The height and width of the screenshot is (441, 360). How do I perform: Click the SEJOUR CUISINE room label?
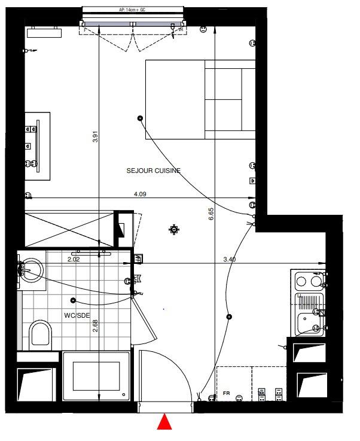(x=154, y=171)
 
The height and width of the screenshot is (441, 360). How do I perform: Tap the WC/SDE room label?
(x=77, y=315)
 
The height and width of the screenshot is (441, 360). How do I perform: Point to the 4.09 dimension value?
(x=140, y=194)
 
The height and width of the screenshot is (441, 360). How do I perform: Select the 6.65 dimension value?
(x=211, y=214)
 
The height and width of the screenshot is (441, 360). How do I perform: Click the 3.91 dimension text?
(x=96, y=136)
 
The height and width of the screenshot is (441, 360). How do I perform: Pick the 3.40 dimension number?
(x=229, y=259)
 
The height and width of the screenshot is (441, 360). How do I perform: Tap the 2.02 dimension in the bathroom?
(x=74, y=259)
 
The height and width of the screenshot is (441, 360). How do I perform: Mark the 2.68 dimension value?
(x=96, y=326)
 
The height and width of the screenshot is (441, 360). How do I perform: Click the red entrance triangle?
(x=164, y=422)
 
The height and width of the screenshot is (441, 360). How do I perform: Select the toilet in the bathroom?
(x=41, y=335)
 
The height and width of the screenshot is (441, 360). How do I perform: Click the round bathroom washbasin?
(x=32, y=270)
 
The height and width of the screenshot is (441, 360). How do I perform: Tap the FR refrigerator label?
(x=226, y=393)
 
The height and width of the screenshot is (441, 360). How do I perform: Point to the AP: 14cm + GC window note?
(x=132, y=10)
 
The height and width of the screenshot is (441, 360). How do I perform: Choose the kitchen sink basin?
(x=309, y=324)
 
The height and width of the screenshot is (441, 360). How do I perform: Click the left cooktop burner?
(x=301, y=281)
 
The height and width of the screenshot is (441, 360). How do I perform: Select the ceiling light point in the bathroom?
(x=74, y=300)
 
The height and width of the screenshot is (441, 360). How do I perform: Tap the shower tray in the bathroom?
(x=96, y=376)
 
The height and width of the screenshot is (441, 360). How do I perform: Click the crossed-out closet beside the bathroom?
(x=69, y=230)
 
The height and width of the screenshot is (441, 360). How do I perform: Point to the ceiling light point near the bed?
(x=141, y=118)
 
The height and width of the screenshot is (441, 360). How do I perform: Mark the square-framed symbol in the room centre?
(x=174, y=230)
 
